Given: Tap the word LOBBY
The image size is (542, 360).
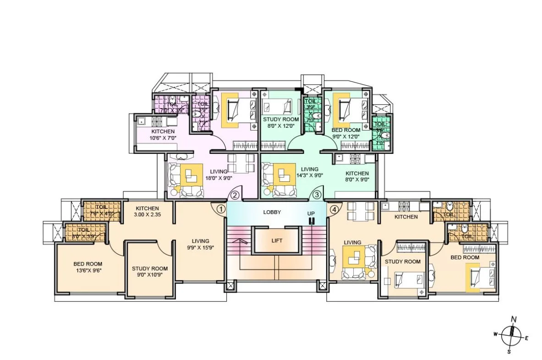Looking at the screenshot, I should click(272, 212).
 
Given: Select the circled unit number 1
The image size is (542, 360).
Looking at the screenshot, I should click(221, 209).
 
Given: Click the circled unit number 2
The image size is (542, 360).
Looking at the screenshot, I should click(235, 195).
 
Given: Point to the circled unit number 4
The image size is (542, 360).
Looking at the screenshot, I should click(335, 209).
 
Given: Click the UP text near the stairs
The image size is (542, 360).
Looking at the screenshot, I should click(311, 213).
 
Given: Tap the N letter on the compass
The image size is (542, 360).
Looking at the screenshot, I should click(514, 319).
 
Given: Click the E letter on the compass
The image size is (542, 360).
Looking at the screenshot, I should click(527, 338).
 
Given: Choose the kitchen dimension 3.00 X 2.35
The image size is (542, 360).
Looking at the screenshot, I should click(147, 214).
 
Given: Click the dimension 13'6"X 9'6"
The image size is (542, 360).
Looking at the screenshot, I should click(88, 270).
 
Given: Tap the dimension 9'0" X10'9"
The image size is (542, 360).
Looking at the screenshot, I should click(150, 275).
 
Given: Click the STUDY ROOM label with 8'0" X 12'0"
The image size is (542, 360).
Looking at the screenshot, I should click(281, 119).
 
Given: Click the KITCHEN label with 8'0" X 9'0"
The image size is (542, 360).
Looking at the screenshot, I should click(357, 174).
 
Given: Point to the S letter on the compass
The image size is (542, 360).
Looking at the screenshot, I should click(509, 351).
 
